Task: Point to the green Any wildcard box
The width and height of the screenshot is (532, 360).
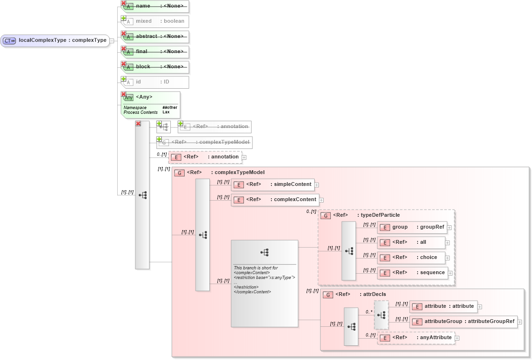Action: (x=151, y=104)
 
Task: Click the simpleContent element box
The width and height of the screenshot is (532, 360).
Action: (x=272, y=185)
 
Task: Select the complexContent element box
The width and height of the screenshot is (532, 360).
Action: (x=275, y=200)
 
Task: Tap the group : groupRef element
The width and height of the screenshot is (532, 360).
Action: (x=412, y=227)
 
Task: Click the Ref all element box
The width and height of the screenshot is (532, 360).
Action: (x=411, y=242)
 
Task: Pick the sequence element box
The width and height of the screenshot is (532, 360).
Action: (x=412, y=273)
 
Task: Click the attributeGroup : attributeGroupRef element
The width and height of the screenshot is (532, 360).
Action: (x=463, y=322)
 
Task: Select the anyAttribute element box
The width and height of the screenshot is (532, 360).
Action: (x=416, y=338)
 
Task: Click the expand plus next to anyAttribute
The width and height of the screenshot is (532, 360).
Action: (x=457, y=338)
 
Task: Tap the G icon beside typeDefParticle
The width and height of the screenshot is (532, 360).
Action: (x=326, y=215)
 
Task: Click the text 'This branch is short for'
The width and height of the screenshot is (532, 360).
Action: (x=256, y=268)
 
